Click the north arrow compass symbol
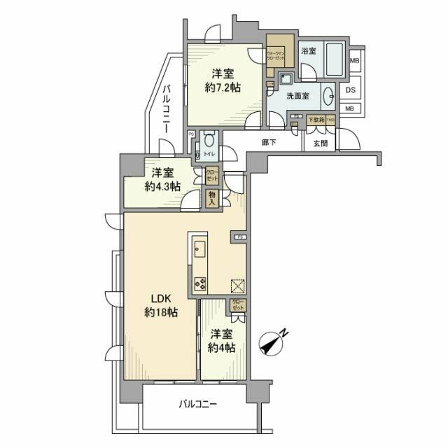point(270,343)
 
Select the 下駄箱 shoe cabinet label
point(316,120)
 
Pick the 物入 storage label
point(212,197)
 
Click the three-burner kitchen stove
point(199,283)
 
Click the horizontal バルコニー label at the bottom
point(197,404)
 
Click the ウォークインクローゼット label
point(275,54)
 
